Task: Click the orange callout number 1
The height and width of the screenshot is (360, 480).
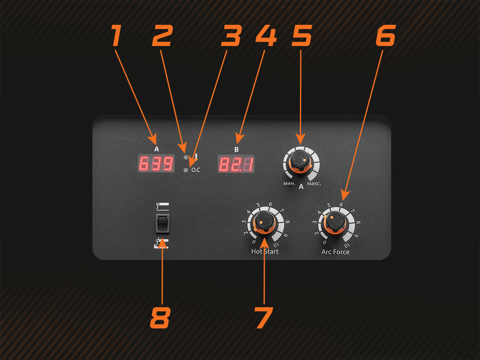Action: [116, 36]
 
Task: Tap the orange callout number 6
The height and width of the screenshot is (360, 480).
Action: [385, 36]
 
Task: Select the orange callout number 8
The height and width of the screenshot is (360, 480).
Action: [160, 318]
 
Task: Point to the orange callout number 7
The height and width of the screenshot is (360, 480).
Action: [264, 318]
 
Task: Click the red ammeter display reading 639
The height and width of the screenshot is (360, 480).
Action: [156, 164]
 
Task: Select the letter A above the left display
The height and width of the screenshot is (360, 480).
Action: [156, 149]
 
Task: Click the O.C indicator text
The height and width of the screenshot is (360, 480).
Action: [196, 170]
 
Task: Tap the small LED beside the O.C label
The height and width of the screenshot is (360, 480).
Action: [185, 170]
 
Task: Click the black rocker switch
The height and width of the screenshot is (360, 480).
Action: [162, 224]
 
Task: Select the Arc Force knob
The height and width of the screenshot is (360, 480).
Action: [335, 223]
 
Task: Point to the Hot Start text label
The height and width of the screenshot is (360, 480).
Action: [265, 252]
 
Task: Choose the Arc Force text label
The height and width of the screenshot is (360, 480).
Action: [335, 252]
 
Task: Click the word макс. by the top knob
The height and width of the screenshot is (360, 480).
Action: [314, 184]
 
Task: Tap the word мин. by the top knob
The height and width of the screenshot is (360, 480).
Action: [289, 184]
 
